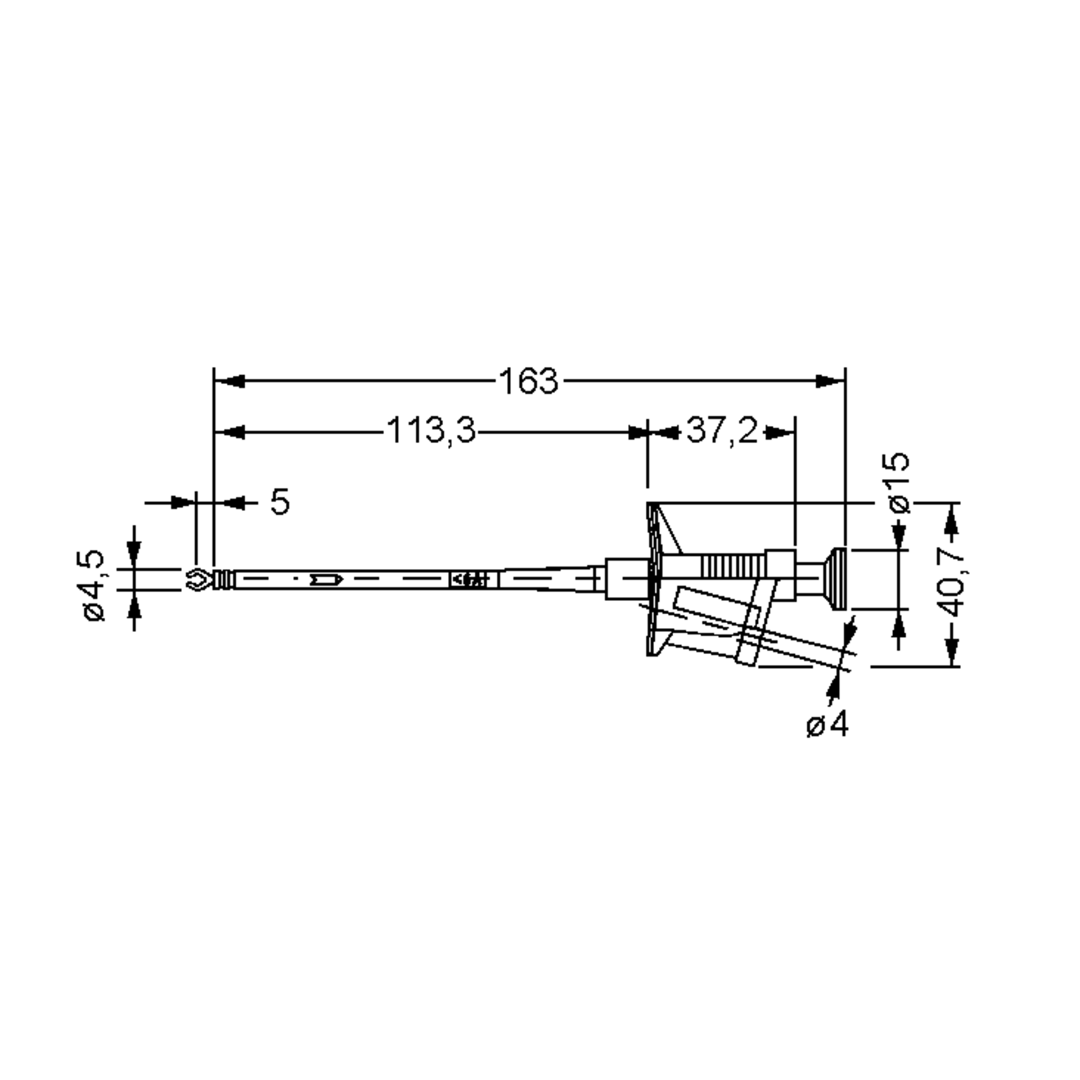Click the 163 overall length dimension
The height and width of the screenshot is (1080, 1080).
click(x=528, y=382)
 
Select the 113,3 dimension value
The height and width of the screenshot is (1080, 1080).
click(x=431, y=431)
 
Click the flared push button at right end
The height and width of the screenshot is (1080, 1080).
click(x=836, y=579)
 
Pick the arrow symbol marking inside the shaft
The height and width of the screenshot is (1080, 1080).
click(x=326, y=579)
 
